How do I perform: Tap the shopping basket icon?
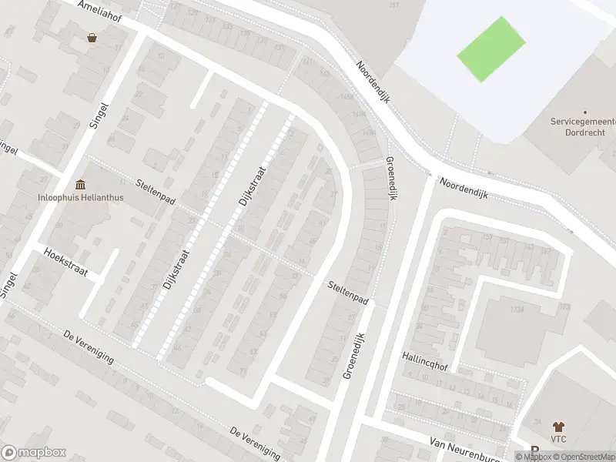pyautogui.click(x=92, y=37)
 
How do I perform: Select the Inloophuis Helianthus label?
pyautogui.click(x=81, y=197)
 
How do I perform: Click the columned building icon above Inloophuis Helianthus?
pyautogui.click(x=81, y=185)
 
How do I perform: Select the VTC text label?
pyautogui.click(x=558, y=438)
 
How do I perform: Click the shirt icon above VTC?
pyautogui.click(x=558, y=426)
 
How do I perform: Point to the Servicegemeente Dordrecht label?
pyautogui.click(x=583, y=127)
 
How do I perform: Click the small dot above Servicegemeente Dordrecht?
pyautogui.click(x=584, y=112)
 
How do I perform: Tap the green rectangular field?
pyautogui.click(x=491, y=49)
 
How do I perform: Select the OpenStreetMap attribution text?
pyautogui.click(x=585, y=457)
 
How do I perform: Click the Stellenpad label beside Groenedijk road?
pyautogui.click(x=346, y=292)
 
